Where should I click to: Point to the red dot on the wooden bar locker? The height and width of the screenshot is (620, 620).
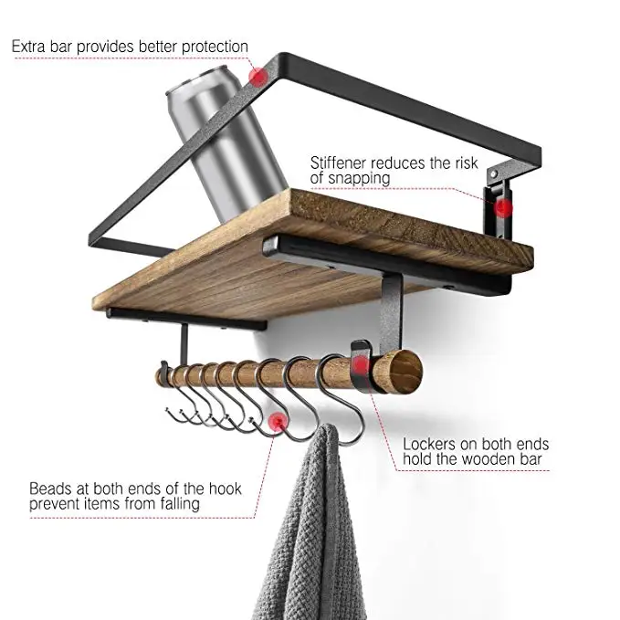[362, 366]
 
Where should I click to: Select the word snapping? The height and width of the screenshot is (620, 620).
[360, 180]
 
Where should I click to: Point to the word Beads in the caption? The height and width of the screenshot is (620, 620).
[52, 488]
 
